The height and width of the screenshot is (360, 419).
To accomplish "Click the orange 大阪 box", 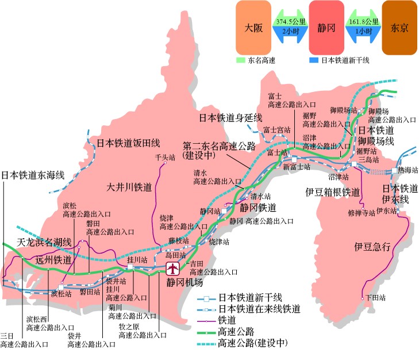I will (x=253, y=28).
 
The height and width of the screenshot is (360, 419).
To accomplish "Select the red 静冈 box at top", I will (x=326, y=28).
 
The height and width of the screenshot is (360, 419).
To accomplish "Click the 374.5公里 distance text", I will (x=290, y=22).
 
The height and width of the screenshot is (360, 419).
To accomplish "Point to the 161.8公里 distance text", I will (x=363, y=22).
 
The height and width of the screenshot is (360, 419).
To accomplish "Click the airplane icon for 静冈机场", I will (x=172, y=269).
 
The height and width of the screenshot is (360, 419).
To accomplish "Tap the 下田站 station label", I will (x=375, y=298).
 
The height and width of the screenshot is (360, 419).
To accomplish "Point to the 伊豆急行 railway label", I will (x=372, y=247).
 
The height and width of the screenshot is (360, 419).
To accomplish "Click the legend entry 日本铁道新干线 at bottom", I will (x=250, y=297).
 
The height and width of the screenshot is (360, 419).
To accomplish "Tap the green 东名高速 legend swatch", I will (x=240, y=60).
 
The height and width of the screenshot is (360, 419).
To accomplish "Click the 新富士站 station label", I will (x=296, y=167).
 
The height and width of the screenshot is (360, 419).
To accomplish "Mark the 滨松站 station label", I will (x=61, y=293).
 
